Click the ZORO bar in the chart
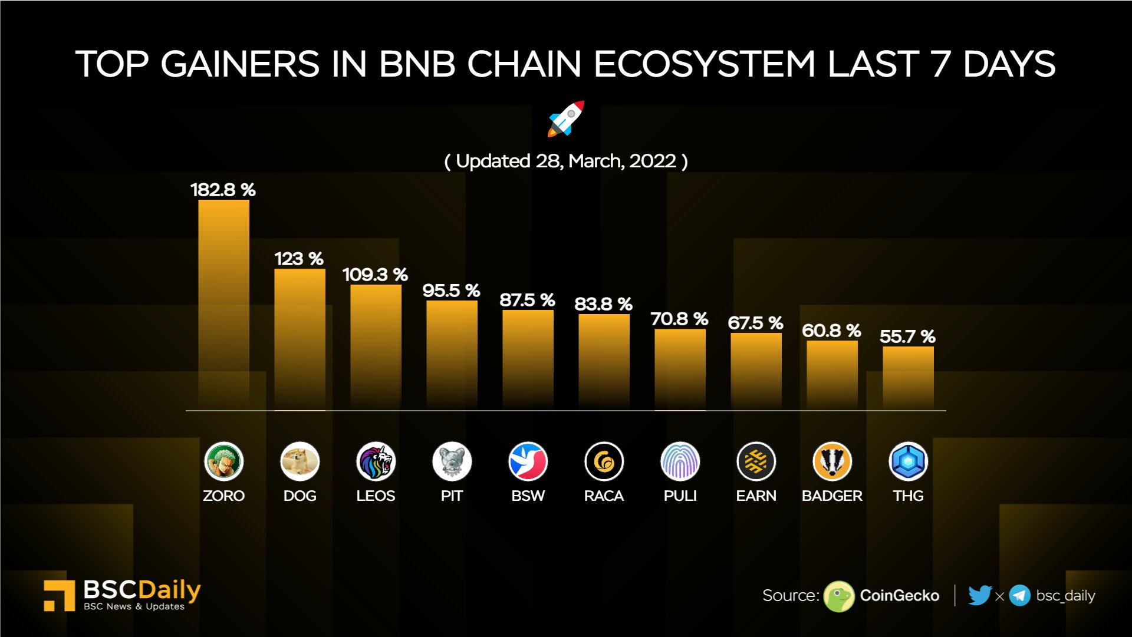point(223,303)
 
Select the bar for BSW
point(528,359)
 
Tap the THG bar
point(908,378)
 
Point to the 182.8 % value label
point(223,190)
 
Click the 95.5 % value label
point(451,291)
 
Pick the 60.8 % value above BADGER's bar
point(831,331)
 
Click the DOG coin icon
point(300,461)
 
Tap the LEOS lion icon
point(376,461)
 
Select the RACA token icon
point(604,461)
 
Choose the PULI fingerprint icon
point(680,461)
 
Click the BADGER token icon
point(832,461)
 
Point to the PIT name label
point(452,496)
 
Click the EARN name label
point(756,496)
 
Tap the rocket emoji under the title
point(566,119)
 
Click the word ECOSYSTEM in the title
point(704,64)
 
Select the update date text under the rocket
point(566,161)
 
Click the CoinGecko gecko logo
point(838,596)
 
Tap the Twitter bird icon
point(979,596)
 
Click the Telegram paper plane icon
point(1019,596)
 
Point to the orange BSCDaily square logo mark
point(59,595)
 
